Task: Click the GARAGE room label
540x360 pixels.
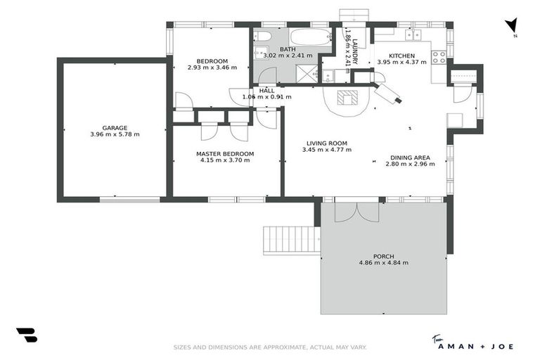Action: tap(115, 128)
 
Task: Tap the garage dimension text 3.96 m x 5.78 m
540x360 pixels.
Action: tap(115, 134)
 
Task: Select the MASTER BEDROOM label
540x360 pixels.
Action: tap(225, 153)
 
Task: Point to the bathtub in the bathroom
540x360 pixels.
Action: tap(310, 37)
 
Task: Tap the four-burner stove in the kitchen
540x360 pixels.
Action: tap(440, 57)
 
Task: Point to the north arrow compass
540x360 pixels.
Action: tap(513, 26)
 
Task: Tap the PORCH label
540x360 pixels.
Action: tap(383, 256)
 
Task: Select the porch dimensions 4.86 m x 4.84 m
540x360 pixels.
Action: tap(383, 263)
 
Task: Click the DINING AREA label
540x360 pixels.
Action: tap(410, 157)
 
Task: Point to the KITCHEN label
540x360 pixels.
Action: tap(402, 56)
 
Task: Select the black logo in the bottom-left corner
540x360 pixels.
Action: tap(26, 336)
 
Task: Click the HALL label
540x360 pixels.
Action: tap(266, 90)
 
